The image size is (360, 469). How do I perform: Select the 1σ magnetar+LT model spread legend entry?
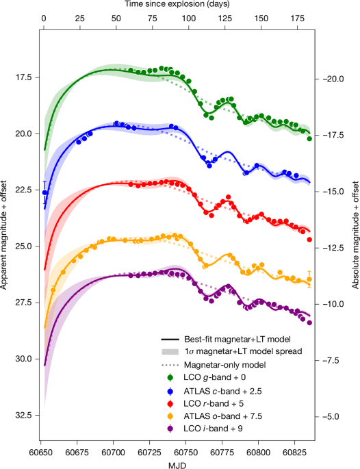pos(242,351)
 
